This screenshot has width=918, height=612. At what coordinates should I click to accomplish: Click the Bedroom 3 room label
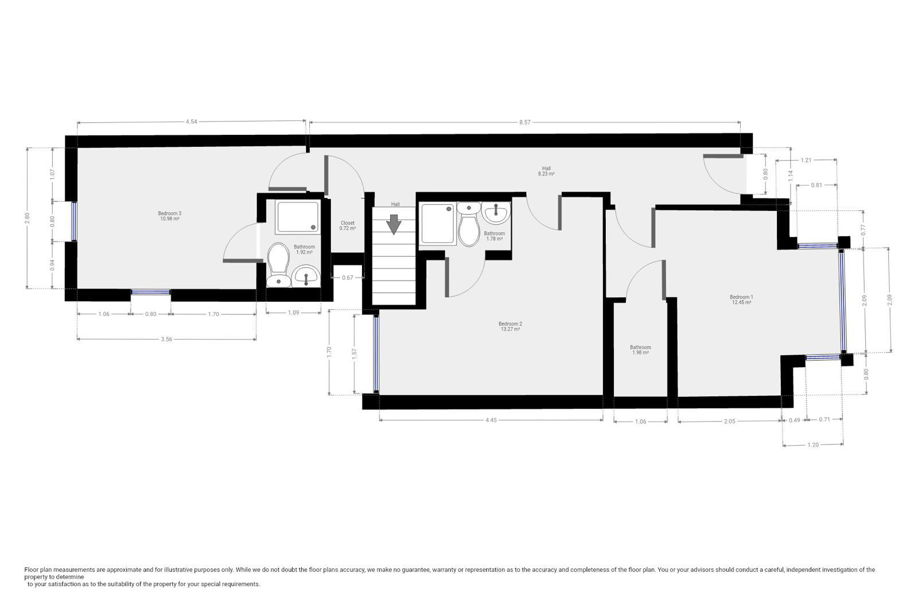coord(170,216)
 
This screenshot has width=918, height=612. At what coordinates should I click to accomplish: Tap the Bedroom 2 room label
coord(510,326)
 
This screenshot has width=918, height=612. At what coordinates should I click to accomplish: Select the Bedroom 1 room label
coord(741,300)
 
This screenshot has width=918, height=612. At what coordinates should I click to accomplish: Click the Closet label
coord(348,226)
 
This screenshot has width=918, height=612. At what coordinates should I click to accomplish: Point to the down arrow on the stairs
coord(394,225)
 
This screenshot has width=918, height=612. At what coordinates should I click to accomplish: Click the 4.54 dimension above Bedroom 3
coord(192,122)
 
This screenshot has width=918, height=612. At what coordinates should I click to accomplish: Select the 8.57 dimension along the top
coord(524,122)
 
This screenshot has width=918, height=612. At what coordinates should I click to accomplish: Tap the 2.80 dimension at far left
coord(27,219)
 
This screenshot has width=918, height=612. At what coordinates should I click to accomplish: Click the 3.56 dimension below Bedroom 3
coord(166,339)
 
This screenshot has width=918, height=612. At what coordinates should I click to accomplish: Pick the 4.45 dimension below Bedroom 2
coord(491,420)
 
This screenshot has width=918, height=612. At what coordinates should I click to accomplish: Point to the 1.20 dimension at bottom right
coord(812,445)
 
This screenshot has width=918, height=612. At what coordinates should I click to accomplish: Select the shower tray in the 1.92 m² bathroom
coord(298,217)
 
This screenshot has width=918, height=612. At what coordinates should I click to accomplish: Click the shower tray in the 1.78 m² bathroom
coord(438,224)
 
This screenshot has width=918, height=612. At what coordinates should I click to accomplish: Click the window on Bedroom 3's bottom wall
coord(150,292)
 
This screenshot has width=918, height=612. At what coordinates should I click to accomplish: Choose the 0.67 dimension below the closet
coord(348,278)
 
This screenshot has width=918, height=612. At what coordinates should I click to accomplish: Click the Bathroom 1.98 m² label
coord(640,350)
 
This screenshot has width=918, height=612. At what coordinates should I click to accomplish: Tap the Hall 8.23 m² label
coord(546,171)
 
